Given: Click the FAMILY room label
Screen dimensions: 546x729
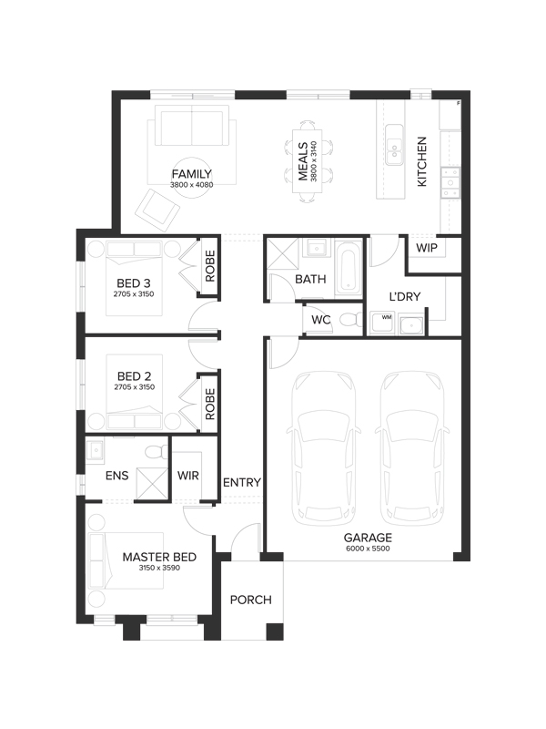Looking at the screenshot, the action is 192,174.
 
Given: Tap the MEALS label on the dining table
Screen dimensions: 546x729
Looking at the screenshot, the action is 303,161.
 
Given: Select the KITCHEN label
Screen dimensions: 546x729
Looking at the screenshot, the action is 421,161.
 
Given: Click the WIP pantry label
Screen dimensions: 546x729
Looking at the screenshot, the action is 426,248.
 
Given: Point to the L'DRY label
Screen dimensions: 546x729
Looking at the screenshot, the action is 405,297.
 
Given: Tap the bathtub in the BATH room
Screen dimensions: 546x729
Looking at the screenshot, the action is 349,269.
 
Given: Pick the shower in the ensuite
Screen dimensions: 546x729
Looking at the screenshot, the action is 151,483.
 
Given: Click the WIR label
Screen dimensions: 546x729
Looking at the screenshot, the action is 188,476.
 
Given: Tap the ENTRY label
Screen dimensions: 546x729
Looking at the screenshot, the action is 242,483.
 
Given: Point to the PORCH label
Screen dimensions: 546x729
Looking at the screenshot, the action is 251,600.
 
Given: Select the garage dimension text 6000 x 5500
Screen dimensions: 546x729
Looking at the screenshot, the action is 368,549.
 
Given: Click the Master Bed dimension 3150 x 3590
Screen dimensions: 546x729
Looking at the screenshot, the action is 159,568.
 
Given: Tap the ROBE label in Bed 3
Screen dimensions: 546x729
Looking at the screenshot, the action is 210,266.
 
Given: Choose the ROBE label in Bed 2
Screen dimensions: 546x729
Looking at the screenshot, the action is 210,404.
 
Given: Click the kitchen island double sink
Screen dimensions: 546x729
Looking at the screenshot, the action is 394,145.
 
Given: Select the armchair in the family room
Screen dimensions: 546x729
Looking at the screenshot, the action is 157,210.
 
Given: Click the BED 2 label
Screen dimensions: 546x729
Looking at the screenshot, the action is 134,376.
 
